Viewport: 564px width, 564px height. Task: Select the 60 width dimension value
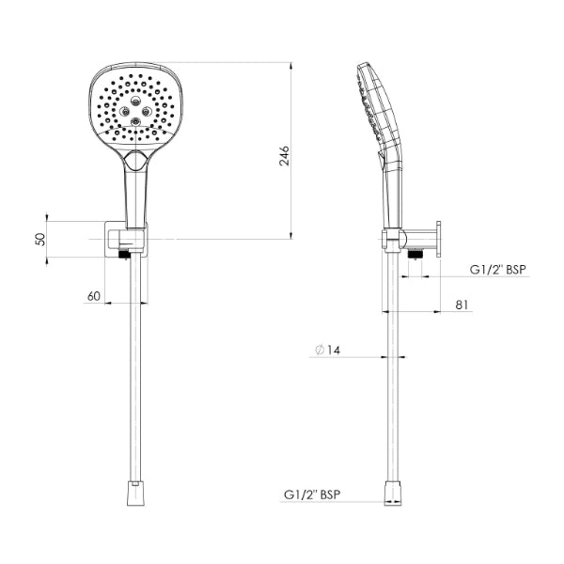pos(93,296)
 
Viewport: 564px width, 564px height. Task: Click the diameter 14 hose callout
pos(328,350)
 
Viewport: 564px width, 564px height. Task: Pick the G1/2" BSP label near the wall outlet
pos(498,270)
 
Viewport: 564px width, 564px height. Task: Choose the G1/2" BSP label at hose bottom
pos(312,493)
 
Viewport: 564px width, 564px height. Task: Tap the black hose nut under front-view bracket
pos(124,254)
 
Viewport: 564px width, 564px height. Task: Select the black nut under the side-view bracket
pos(415,252)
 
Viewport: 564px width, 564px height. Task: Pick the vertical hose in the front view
pos(134,376)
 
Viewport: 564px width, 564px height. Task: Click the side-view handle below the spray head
pos(391,188)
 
